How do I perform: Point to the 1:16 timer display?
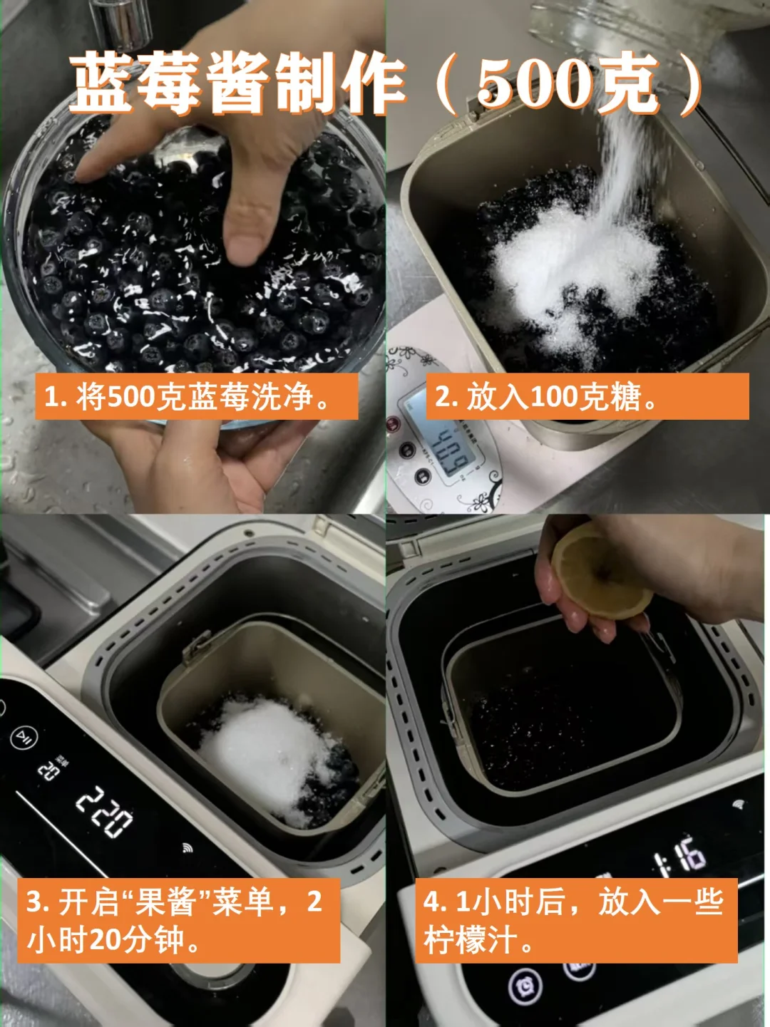pyautogui.click(x=680, y=856)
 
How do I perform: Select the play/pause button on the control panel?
pyautogui.click(x=24, y=738)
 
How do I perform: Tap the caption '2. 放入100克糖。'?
pyautogui.click(x=545, y=397)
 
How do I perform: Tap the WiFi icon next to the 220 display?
pyautogui.click(x=188, y=847)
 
